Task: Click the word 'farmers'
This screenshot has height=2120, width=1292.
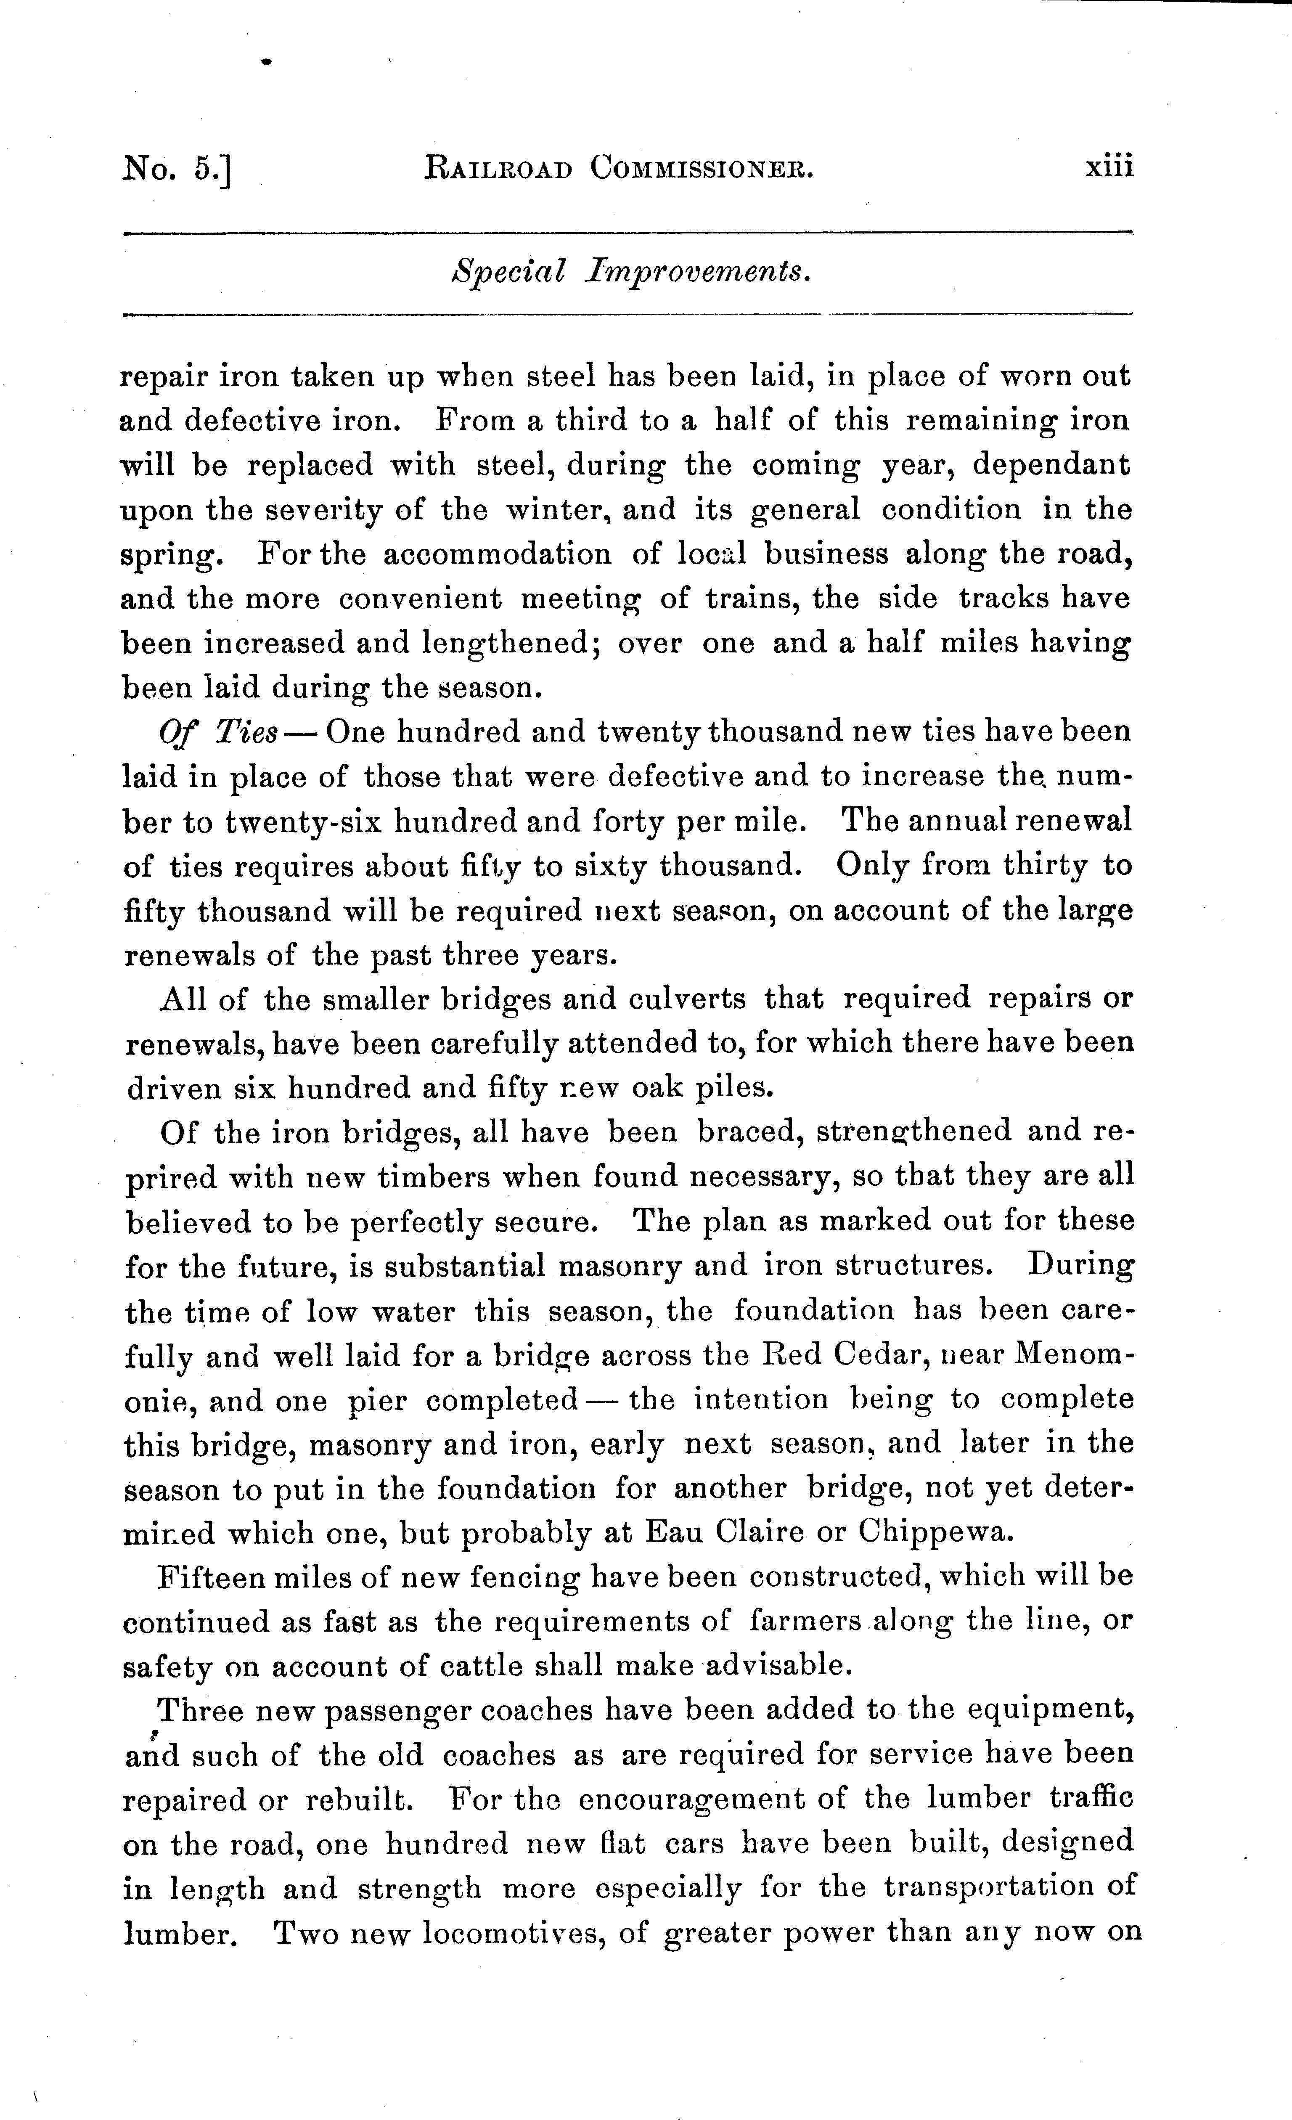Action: click(806, 1622)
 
